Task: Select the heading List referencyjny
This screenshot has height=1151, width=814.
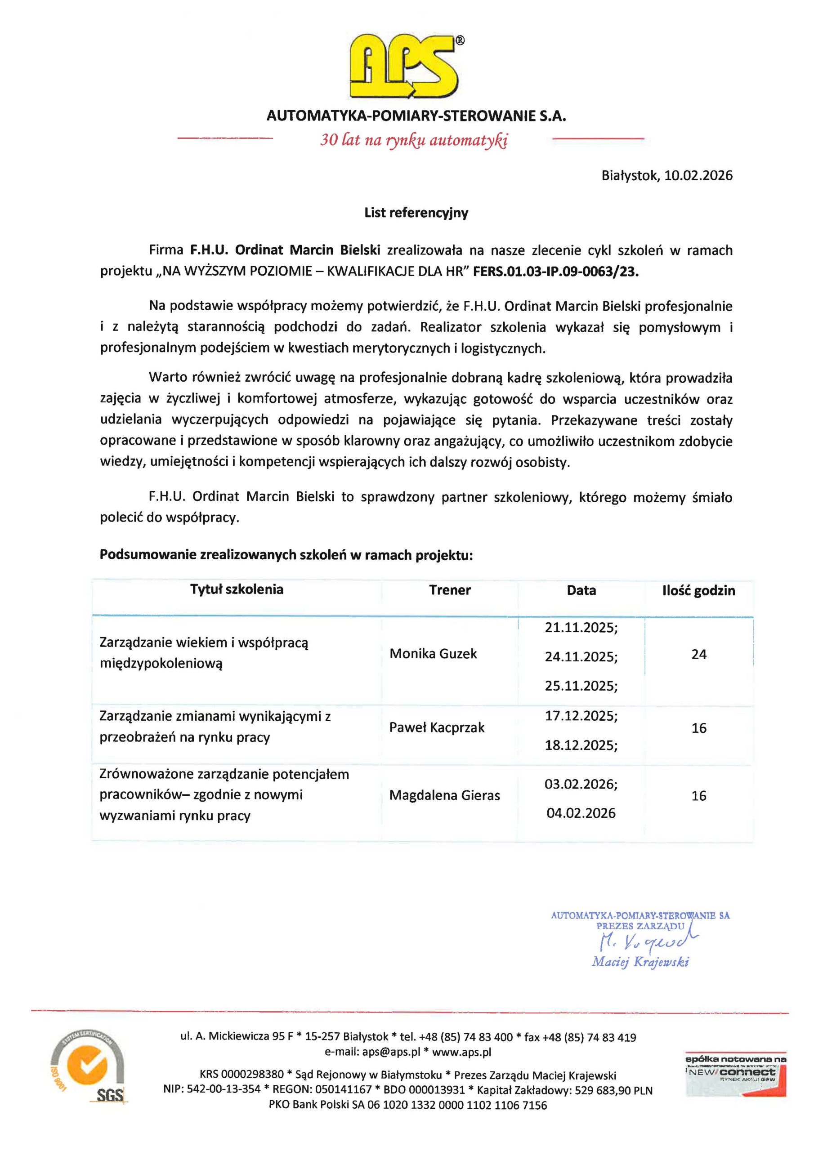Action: (x=416, y=213)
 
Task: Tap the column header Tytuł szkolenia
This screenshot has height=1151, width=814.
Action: (x=236, y=589)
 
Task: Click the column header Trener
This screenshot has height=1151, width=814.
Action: (x=449, y=590)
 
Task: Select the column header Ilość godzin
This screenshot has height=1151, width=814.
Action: (x=698, y=590)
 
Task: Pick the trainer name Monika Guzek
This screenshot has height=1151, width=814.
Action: (x=433, y=654)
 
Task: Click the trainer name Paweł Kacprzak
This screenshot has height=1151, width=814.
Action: (x=436, y=727)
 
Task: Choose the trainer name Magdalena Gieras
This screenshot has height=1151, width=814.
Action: (x=444, y=795)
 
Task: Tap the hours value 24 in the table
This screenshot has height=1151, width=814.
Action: (x=698, y=654)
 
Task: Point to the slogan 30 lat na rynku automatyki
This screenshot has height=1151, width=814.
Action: (x=414, y=140)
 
